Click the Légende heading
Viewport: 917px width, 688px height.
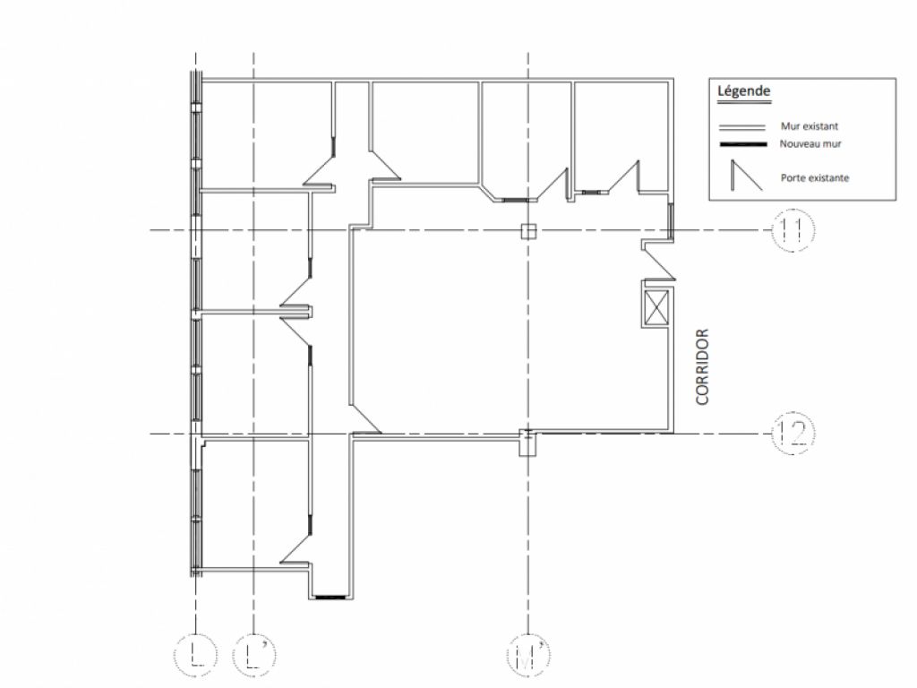(744, 91)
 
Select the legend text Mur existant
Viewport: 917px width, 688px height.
(809, 125)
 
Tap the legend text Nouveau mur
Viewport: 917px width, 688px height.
(810, 143)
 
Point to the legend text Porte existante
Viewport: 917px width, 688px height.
(814, 178)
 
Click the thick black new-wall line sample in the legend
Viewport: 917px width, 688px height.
(742, 144)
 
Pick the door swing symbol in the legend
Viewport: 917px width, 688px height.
(746, 176)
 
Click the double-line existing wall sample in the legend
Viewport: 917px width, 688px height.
(741, 127)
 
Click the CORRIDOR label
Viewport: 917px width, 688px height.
(702, 366)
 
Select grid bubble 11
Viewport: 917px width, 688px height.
(793, 230)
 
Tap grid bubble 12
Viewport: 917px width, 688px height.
(793, 434)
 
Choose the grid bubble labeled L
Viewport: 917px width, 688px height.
(195, 655)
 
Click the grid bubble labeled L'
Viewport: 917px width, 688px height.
(253, 655)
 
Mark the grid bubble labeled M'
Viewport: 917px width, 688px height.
(528, 655)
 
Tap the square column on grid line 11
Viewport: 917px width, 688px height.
(528, 232)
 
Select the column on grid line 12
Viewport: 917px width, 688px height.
(528, 443)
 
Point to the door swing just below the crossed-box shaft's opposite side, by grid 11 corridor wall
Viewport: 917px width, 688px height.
(659, 261)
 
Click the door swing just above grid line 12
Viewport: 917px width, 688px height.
(365, 419)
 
